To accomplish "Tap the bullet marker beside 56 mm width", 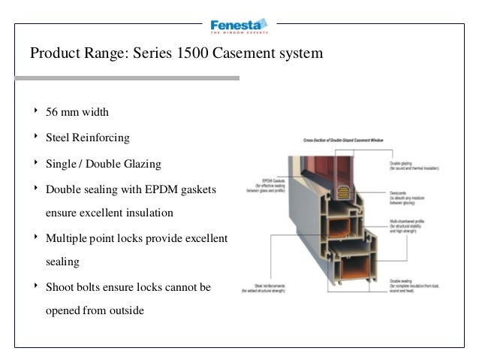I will (35, 112).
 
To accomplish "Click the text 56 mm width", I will (77, 113).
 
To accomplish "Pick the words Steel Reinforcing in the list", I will (88, 138).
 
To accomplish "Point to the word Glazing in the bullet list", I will (142, 164).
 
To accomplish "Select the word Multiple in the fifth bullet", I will (69, 239).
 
